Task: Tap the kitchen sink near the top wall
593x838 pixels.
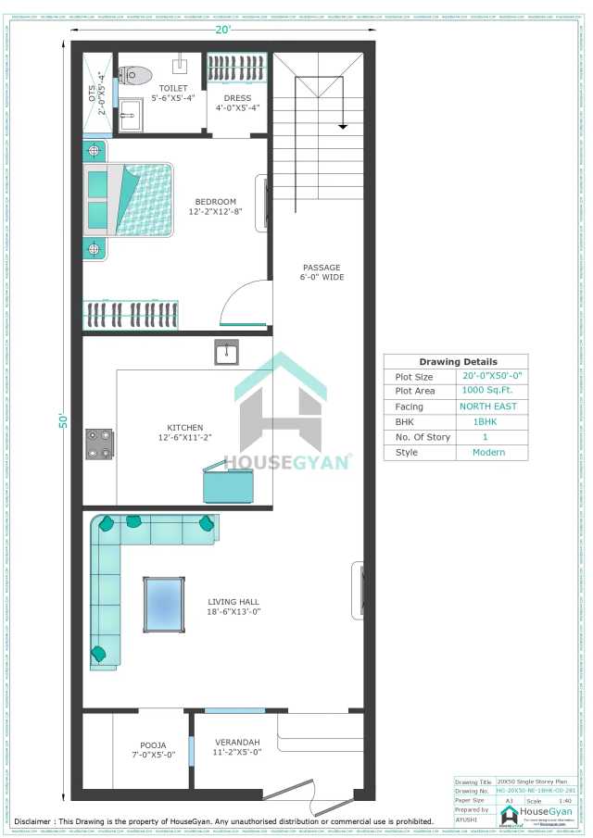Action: pyautogui.click(x=226, y=353)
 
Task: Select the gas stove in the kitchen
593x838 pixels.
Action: pyautogui.click(x=99, y=444)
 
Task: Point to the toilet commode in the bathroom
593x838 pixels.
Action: pyautogui.click(x=136, y=74)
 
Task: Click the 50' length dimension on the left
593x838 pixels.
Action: pyautogui.click(x=64, y=420)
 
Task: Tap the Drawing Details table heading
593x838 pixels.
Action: pyautogui.click(x=457, y=361)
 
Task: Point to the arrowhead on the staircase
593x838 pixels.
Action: pyautogui.click(x=343, y=125)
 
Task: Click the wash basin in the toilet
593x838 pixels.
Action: pyautogui.click(x=131, y=116)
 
